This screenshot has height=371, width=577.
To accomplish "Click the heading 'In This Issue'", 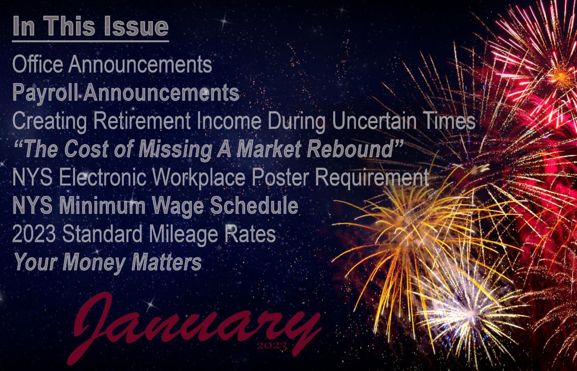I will pos(90,27).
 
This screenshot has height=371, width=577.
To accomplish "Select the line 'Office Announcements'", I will pos(112,64).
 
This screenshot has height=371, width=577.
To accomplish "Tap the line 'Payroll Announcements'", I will pos(125,93).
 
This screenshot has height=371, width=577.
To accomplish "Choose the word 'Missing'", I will pos(178,150).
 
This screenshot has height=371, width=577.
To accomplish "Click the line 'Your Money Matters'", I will pos(107,263).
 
